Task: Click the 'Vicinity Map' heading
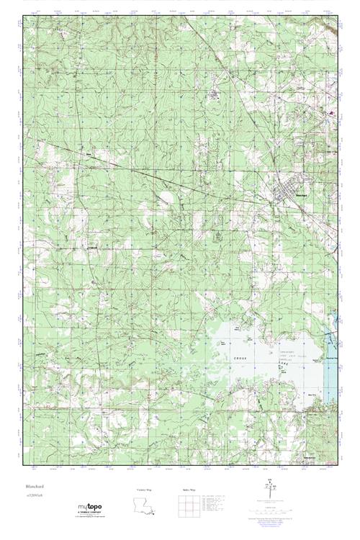[x=144, y=490]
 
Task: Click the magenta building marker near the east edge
[x=332, y=113]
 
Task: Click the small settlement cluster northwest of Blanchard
[x=215, y=94]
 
